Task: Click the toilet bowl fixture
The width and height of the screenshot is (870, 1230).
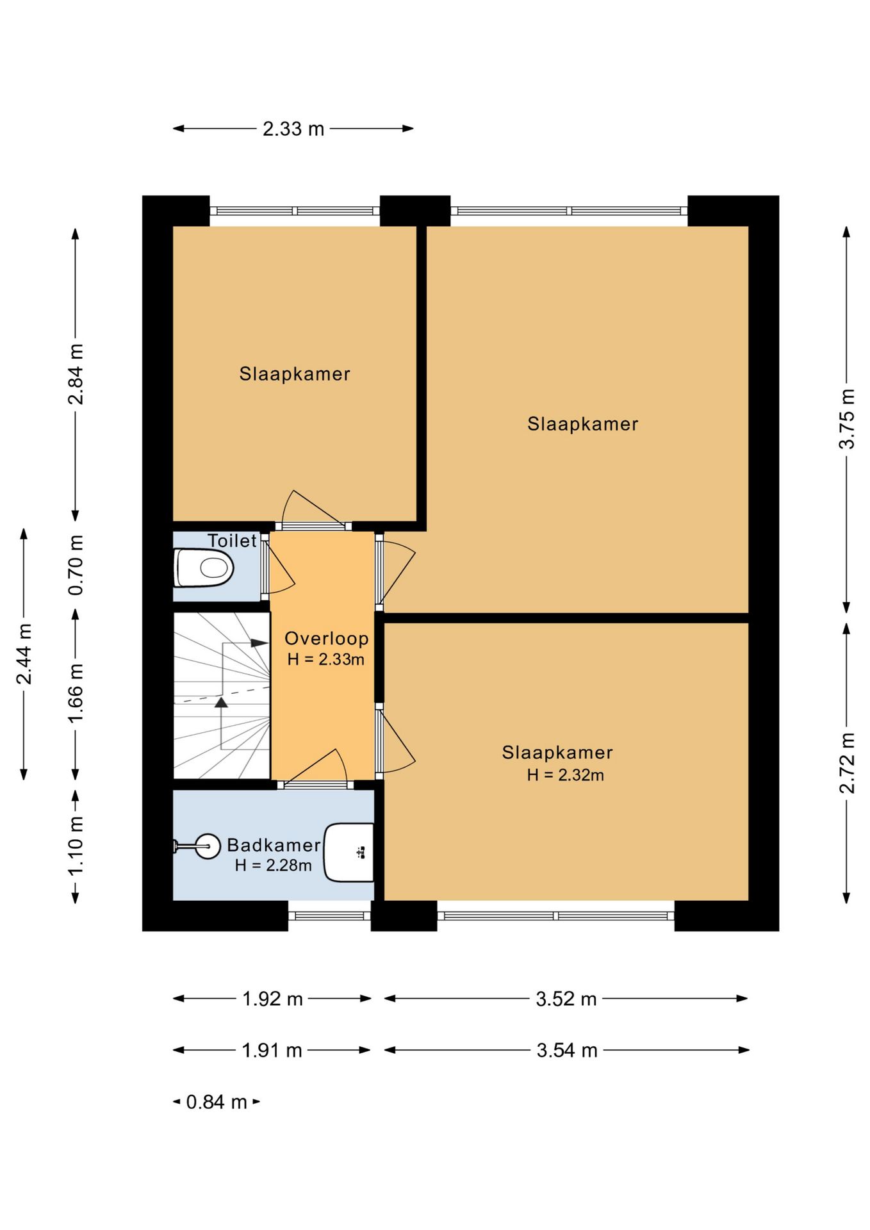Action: pyautogui.click(x=204, y=568)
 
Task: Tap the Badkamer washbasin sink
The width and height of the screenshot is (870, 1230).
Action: pyautogui.click(x=349, y=852)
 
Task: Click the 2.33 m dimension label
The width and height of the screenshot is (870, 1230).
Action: pyautogui.click(x=293, y=129)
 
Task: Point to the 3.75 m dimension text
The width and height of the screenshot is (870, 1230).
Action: pyautogui.click(x=847, y=418)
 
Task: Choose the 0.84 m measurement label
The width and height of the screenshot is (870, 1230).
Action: pyautogui.click(x=217, y=1102)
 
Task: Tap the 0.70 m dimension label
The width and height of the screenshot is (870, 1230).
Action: pyautogui.click(x=76, y=564)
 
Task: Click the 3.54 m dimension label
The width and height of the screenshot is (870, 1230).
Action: pyautogui.click(x=567, y=1050)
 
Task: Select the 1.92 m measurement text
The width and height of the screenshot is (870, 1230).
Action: pyautogui.click(x=272, y=998)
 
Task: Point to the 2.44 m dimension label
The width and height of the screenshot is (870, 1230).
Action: pyautogui.click(x=24, y=653)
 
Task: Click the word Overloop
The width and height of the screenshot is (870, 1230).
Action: pyautogui.click(x=327, y=638)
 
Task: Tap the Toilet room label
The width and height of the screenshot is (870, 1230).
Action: pyautogui.click(x=232, y=541)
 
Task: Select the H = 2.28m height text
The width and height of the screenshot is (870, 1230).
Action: pyautogui.click(x=274, y=865)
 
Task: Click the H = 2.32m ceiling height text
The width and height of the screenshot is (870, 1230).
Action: pyautogui.click(x=566, y=775)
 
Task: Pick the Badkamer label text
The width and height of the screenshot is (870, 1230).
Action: pyautogui.click(x=274, y=845)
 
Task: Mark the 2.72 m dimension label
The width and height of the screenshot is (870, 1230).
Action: pyautogui.click(x=847, y=762)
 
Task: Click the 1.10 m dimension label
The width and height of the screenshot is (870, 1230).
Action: pyautogui.click(x=76, y=846)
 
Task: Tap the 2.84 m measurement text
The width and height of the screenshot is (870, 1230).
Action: pyautogui.click(x=76, y=374)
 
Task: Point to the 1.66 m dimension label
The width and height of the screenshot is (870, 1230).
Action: pyautogui.click(x=76, y=693)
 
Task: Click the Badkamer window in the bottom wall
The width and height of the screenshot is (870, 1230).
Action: pyautogui.click(x=329, y=916)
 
